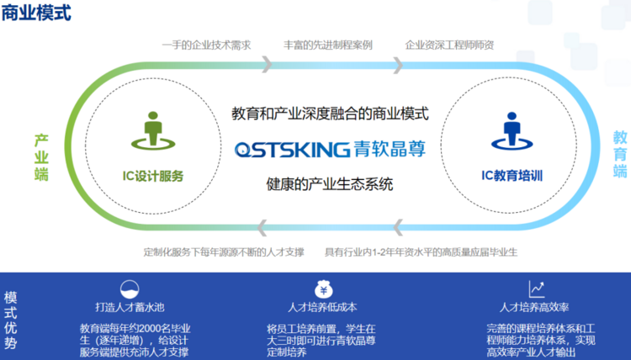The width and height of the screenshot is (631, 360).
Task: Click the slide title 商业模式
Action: click(36, 13)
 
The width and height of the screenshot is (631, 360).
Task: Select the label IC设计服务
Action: click(153, 176)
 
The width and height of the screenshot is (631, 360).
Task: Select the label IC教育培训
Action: click(512, 176)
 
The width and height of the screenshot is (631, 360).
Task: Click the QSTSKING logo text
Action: click(293, 149)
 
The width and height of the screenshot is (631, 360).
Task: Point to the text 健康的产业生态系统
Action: click(330, 184)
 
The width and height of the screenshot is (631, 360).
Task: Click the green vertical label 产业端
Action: click(41, 157)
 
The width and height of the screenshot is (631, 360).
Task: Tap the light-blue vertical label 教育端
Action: click(620, 154)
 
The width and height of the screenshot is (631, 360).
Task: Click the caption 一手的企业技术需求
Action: click(206, 45)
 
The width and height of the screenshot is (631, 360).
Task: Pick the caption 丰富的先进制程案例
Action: click(328, 45)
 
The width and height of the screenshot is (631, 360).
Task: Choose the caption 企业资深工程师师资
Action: click(449, 45)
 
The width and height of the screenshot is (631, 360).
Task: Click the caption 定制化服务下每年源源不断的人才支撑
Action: click(224, 252)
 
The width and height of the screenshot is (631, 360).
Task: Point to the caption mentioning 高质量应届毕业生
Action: click(421, 252)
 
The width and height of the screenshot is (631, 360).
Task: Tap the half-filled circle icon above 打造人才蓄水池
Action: click(130, 289)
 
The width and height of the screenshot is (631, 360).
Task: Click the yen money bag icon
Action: click(324, 289)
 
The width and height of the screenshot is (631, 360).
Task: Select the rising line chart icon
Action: click(537, 289)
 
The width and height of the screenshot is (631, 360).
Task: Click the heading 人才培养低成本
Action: click(322, 307)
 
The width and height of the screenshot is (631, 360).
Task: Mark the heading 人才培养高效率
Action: click(534, 307)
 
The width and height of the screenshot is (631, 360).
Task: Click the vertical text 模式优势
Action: click(10, 320)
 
